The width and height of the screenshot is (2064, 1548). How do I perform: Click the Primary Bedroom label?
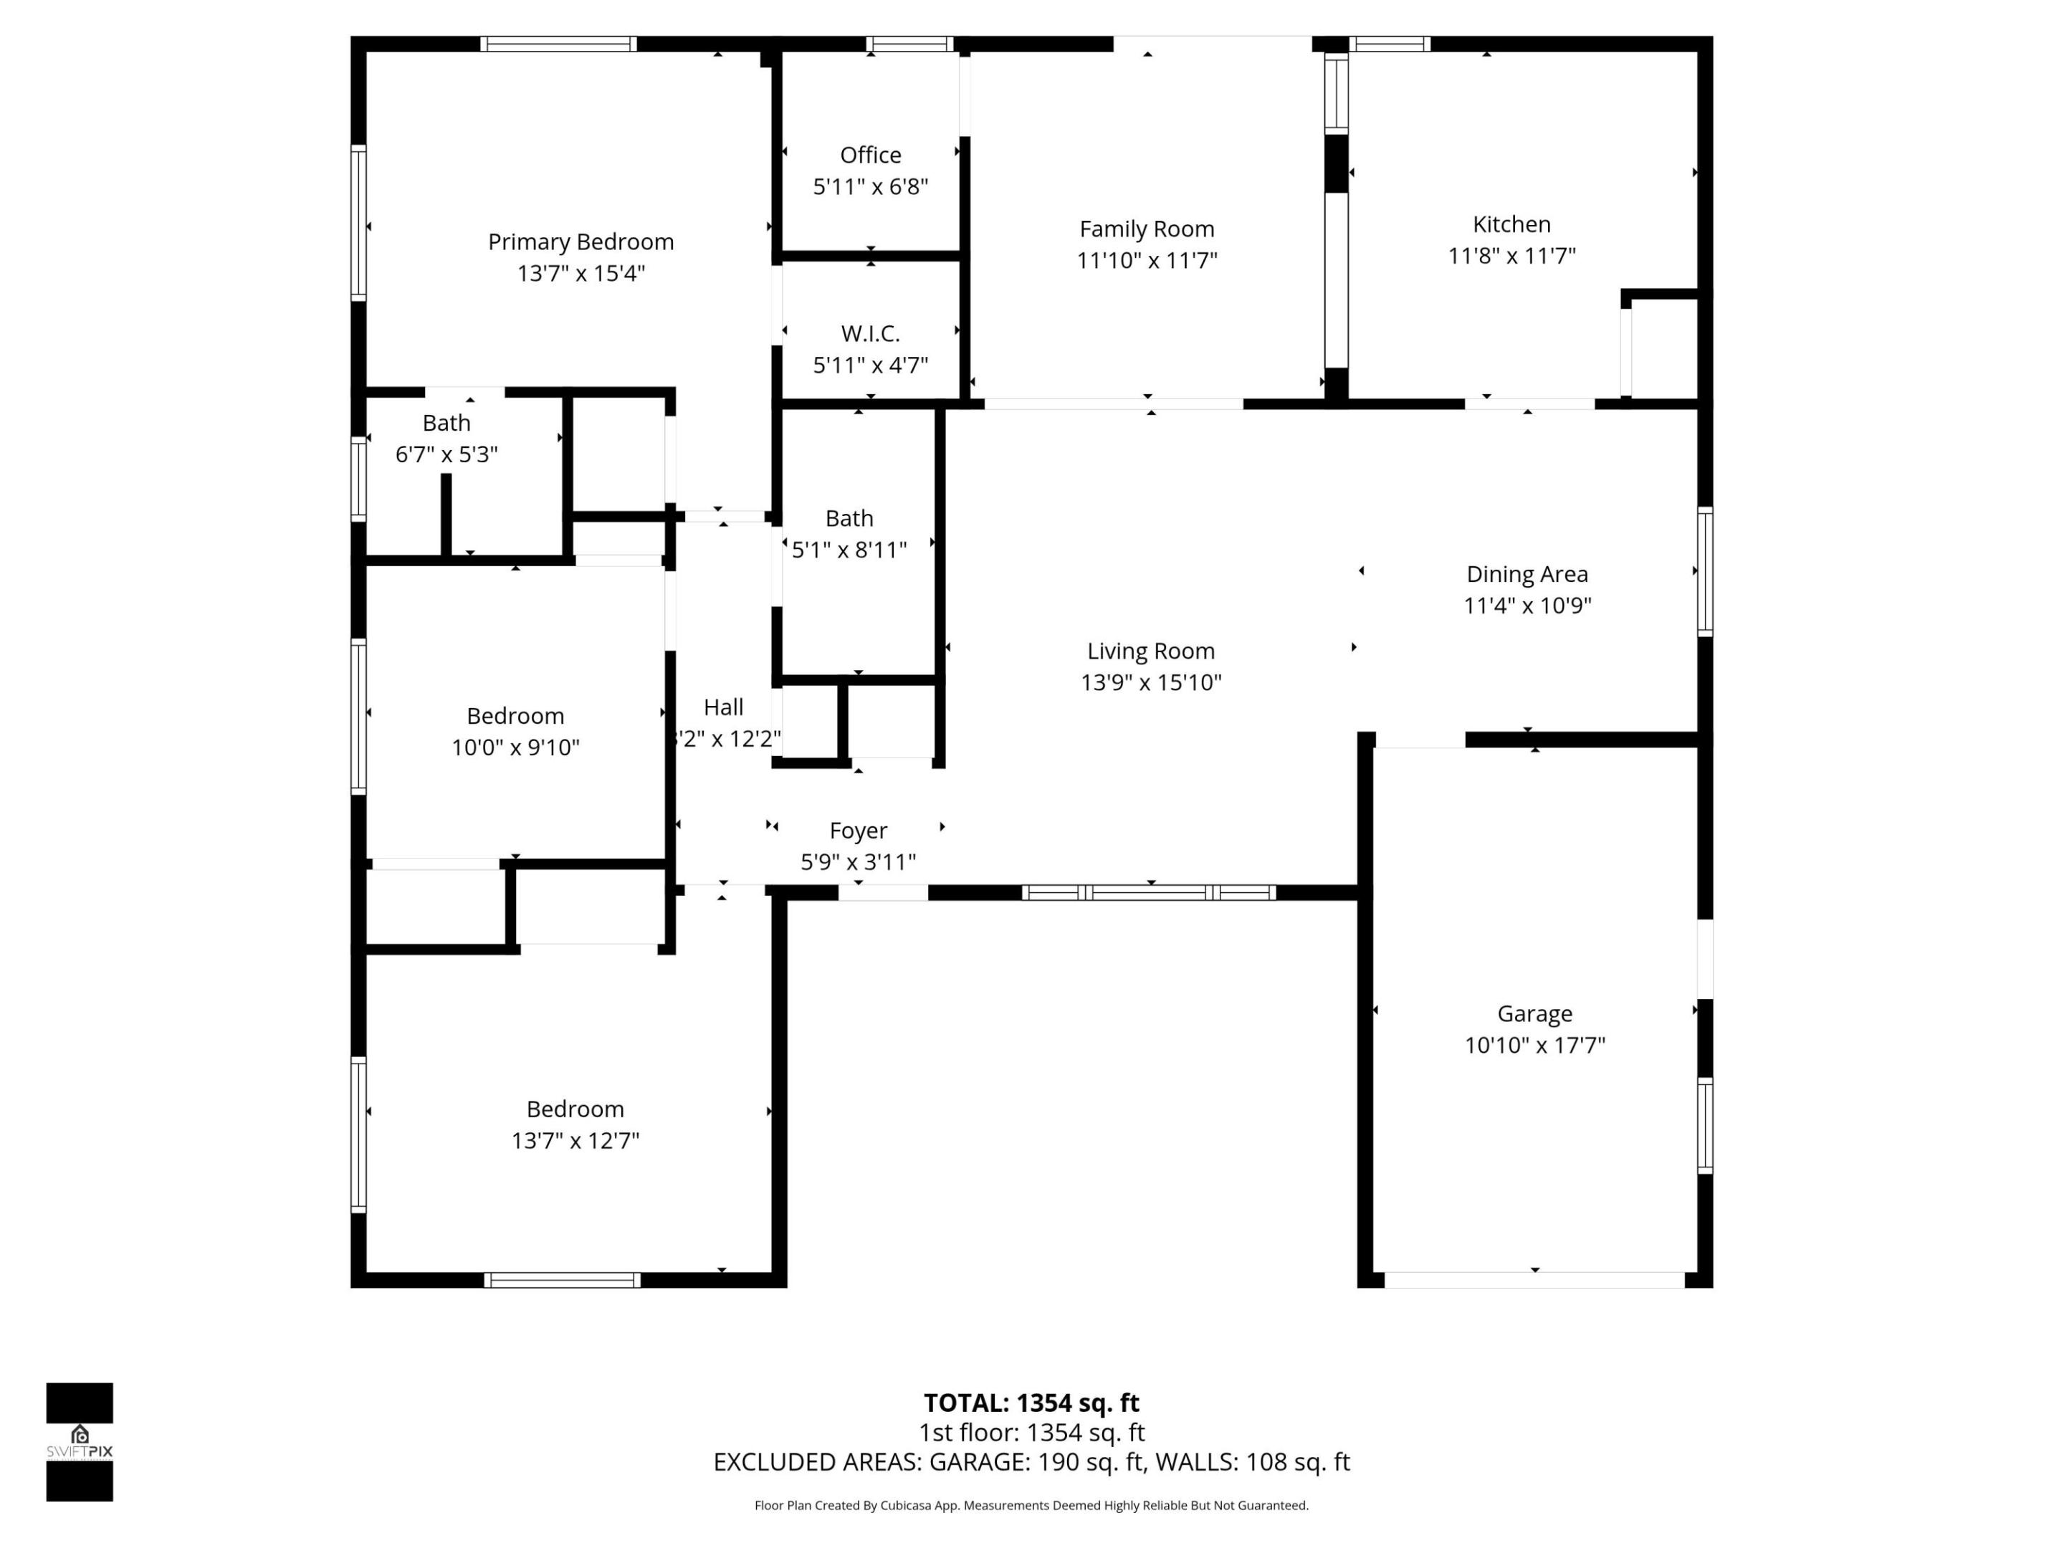coord(580,242)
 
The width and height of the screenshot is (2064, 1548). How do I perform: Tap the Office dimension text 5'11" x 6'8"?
coord(869,186)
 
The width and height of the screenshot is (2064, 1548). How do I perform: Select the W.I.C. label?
coord(869,333)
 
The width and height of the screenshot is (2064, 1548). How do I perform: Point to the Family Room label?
coord(1147,229)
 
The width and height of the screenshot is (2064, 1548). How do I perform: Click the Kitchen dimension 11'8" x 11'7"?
coord(1511,256)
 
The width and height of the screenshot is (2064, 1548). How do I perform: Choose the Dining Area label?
coord(1526,574)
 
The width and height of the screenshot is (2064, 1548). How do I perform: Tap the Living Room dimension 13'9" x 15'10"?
coord(1150,682)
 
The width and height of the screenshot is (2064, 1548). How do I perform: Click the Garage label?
coord(1534,1013)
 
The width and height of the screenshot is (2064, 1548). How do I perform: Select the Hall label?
coord(723,707)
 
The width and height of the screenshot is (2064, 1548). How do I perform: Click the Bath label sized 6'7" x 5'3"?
coord(446,423)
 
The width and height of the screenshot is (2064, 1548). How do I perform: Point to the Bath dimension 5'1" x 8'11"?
coord(849,550)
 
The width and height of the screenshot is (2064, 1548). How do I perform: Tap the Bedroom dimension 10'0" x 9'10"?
coord(515,747)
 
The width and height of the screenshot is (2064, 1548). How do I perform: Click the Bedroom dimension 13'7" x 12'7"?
coord(575,1140)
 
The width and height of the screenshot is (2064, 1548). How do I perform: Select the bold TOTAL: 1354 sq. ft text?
coord(1031,1403)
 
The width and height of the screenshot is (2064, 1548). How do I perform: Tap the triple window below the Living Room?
coord(1149,892)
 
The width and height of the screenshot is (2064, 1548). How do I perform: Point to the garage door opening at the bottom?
coord(1534,1280)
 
